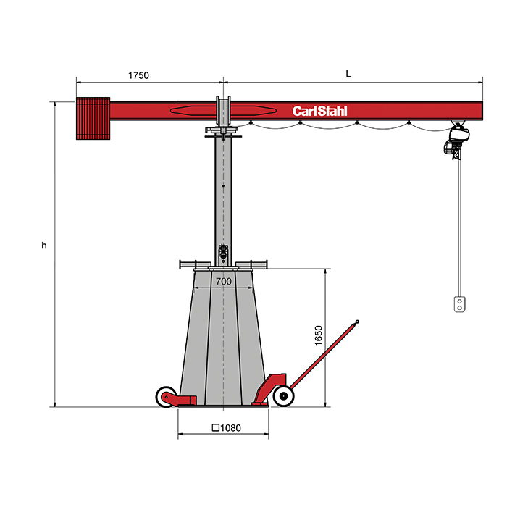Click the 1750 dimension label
138,75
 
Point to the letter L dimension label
348,74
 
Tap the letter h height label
44,246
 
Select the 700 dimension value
224,281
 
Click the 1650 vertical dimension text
319,335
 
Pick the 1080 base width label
230,428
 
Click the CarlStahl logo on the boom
320,111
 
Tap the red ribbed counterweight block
93,118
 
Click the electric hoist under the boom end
456,140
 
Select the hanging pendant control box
459,304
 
